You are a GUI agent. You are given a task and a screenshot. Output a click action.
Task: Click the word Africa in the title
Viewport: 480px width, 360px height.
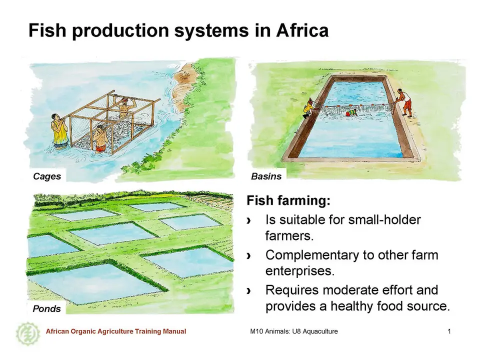coord(302,30)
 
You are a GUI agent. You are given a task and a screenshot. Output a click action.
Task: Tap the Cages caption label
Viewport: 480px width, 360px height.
coord(47,176)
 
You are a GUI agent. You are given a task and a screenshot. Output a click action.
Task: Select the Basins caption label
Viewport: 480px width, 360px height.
coord(266,176)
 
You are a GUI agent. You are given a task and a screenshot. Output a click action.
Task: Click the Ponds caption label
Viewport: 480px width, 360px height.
coord(46,308)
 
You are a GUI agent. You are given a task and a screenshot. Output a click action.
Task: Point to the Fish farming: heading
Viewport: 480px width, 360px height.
coord(288,200)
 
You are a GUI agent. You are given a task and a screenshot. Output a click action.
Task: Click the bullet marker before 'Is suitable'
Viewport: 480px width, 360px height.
coord(249,220)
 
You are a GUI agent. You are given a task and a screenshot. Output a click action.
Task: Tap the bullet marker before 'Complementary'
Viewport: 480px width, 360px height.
coord(249,255)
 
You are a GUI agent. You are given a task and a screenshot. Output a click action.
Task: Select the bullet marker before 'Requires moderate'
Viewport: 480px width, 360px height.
coord(249,290)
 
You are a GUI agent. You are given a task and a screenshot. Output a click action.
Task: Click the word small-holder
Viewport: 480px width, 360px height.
coord(384,219)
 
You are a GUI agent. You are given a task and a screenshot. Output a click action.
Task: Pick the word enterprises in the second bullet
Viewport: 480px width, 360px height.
coord(299,271)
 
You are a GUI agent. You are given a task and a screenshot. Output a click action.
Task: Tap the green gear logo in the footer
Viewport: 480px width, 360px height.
coord(28,333)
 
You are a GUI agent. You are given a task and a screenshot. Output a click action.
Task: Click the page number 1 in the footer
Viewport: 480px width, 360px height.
coord(449,331)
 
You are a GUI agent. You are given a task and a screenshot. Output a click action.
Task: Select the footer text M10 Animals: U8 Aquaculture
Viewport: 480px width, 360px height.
coord(294,331)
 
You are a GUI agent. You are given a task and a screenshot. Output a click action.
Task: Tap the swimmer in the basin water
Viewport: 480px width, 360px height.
coord(351,113)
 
